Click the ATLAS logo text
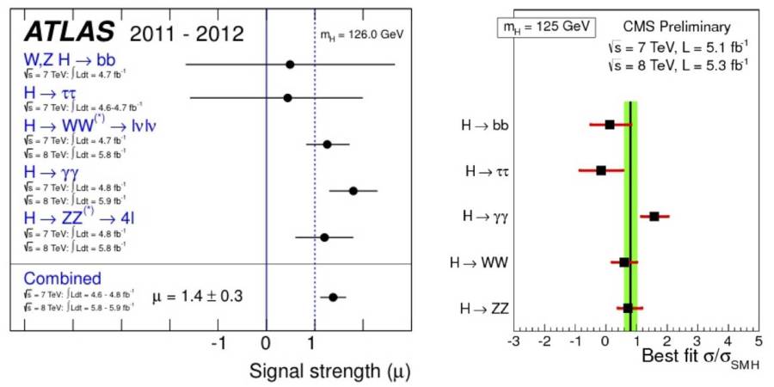pyautogui.click(x=69, y=32)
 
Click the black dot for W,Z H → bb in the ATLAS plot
pyautogui.click(x=290, y=64)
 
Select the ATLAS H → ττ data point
pyautogui.click(x=287, y=98)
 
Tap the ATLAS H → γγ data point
pyautogui.click(x=353, y=190)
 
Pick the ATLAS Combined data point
pyautogui.click(x=333, y=298)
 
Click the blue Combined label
pyautogui.click(x=63, y=279)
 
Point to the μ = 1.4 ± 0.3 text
pyautogui.click(x=198, y=297)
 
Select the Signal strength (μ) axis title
pyautogui.click(x=328, y=371)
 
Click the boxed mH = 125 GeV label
pyautogui.click(x=545, y=27)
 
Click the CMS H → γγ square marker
pyautogui.click(x=654, y=216)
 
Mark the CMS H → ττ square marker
pyautogui.click(x=601, y=170)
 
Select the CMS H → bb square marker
pyautogui.click(x=610, y=125)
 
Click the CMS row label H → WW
pyautogui.click(x=479, y=261)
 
